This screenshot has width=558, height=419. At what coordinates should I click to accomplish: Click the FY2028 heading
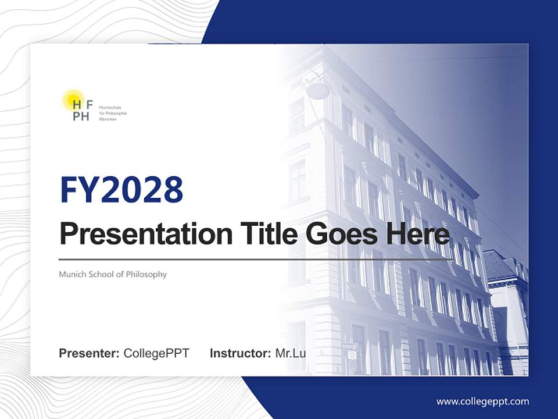[121, 190]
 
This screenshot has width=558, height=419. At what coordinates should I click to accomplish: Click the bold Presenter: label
[90, 353]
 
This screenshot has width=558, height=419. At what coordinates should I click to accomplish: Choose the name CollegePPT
[156, 353]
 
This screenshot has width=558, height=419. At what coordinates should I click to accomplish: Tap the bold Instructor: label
[240, 353]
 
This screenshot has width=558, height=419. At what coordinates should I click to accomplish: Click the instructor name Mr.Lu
[291, 353]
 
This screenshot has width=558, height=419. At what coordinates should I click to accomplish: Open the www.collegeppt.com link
[482, 401]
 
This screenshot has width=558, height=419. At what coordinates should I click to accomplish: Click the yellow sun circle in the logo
[73, 100]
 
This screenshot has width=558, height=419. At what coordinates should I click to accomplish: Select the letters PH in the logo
[81, 116]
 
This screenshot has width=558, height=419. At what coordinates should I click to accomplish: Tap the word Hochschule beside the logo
[109, 108]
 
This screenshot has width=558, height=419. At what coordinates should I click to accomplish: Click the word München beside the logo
[108, 119]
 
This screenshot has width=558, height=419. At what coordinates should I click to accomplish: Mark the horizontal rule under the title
[256, 260]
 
